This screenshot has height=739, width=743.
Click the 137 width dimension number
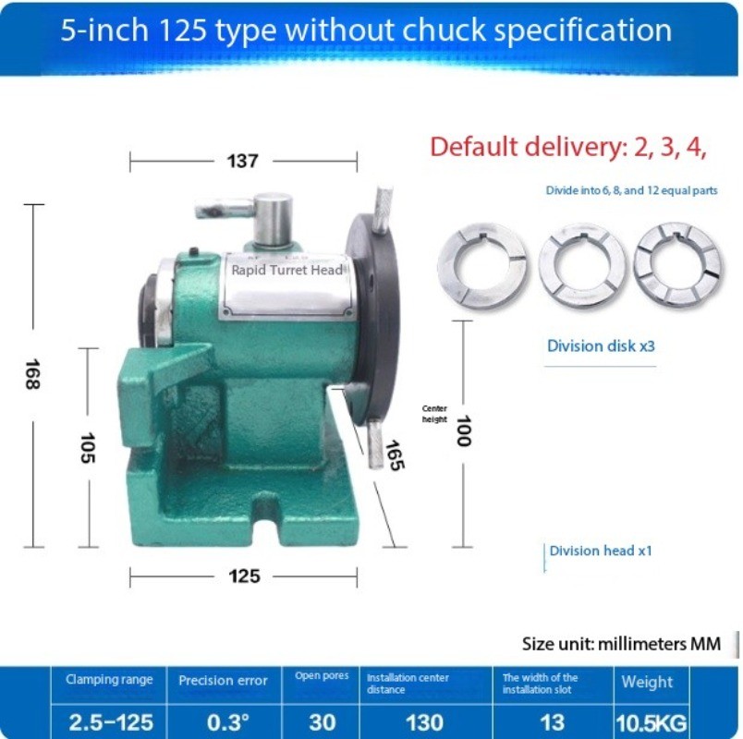tap(242, 162)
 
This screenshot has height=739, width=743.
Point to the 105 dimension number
tap(88, 447)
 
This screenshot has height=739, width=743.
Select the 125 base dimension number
tap(243, 576)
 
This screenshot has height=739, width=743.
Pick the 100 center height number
tap(463, 430)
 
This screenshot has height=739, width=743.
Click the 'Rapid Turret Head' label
tap(286, 270)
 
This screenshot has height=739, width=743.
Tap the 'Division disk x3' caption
tap(601, 346)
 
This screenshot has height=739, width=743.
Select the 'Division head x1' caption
tap(601, 551)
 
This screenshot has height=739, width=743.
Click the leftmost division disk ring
tap(482, 265)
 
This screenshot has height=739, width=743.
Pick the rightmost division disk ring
tap(677, 264)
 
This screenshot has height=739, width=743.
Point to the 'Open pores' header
tap(322, 676)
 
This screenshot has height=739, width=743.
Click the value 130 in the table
tap(425, 721)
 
